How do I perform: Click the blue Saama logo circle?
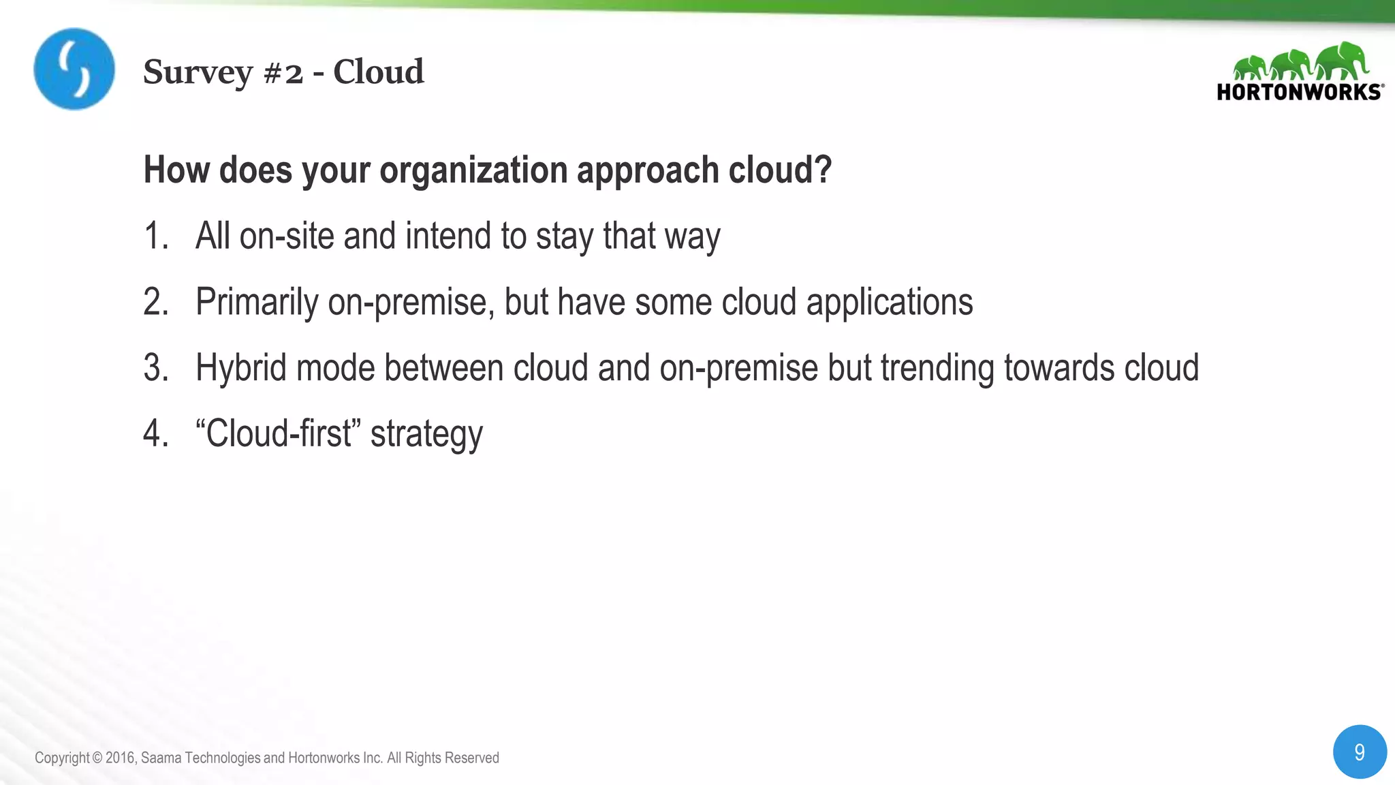pos(74,69)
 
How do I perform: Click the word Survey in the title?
pos(198,72)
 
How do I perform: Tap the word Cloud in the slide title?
pos(378,72)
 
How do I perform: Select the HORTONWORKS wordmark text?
pos(1298,92)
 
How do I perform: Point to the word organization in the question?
pos(472,170)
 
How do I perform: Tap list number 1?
pos(155,236)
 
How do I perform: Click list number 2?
pos(155,302)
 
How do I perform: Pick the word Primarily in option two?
pos(256,303)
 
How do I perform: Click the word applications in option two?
pos(889,302)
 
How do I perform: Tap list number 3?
pos(155,368)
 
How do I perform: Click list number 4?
pos(155,434)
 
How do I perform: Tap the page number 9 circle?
pos(1359,752)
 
